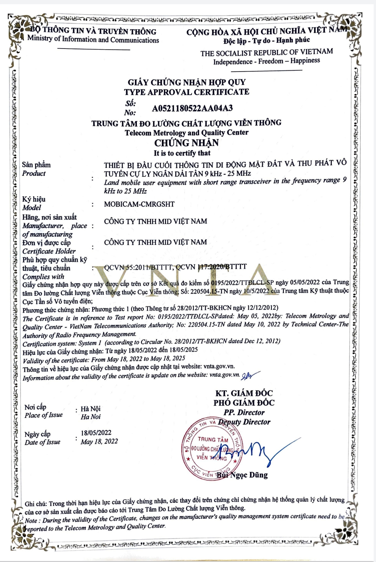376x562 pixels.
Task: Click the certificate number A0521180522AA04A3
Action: point(192,108)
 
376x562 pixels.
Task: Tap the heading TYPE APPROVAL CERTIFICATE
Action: point(186,92)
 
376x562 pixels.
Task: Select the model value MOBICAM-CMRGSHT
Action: point(139,204)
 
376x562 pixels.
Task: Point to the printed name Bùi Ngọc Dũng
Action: point(242,475)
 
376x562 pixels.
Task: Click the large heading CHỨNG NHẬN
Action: point(186,143)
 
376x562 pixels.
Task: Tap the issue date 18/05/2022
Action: point(96,433)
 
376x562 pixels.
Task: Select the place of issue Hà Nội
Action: point(90,408)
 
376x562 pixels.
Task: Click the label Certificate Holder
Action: point(49,251)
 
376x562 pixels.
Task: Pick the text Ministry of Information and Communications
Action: point(93,40)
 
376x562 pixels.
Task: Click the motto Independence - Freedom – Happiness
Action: point(266,61)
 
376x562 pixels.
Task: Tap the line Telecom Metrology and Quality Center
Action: point(186,132)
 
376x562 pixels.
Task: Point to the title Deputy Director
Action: point(244,422)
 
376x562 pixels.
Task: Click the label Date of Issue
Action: point(42,442)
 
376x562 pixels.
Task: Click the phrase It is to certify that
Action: point(182,153)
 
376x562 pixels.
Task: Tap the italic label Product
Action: point(34,173)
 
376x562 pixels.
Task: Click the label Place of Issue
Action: point(43,415)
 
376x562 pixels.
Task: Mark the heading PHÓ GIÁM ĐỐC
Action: point(244,403)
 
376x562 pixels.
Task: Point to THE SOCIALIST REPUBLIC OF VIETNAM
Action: point(266,52)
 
